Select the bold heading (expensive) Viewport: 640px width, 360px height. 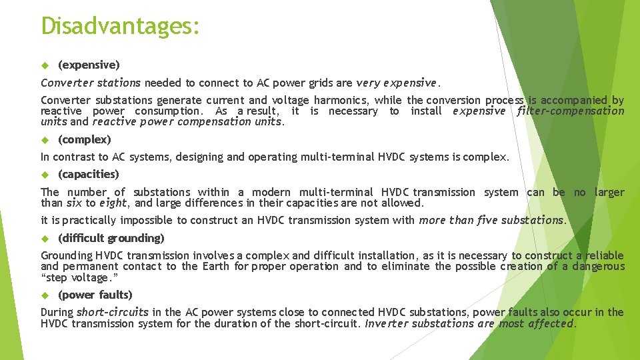pyautogui.click(x=89, y=65)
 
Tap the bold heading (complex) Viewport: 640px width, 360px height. pyautogui.click(x=85, y=139)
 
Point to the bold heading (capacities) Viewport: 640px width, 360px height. pyautogui.click(x=89, y=174)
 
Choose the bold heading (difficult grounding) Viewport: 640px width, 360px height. pyautogui.click(x=111, y=238)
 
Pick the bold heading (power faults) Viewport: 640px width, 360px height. pyautogui.click(x=95, y=295)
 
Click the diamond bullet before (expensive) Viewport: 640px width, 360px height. pyautogui.click(x=45, y=65)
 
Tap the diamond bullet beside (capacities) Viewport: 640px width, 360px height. pyautogui.click(x=45, y=175)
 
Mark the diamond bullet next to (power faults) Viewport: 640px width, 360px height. pyautogui.click(x=45, y=295)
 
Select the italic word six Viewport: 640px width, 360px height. pyautogui.click(x=73, y=203)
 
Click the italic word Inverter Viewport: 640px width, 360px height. pyautogui.click(x=387, y=323)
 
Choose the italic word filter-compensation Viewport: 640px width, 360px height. pyautogui.click(x=571, y=111)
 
